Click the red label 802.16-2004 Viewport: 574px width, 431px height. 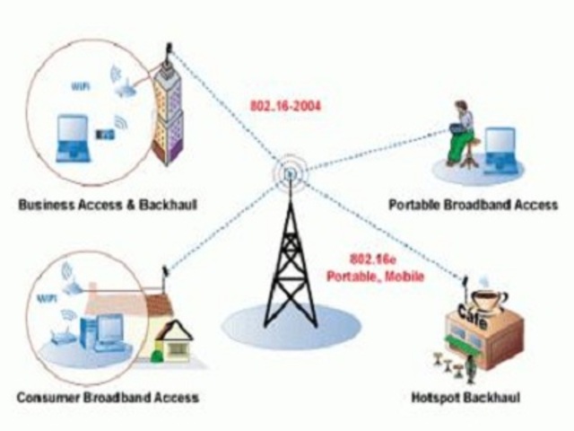285,106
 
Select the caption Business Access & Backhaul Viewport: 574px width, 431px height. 107,206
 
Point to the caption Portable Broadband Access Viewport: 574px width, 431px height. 473,205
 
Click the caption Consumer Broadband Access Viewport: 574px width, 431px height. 107,396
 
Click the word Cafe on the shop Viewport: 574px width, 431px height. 473,313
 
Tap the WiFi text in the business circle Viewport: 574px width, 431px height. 80,87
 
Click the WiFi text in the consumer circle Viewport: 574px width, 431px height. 44,295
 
